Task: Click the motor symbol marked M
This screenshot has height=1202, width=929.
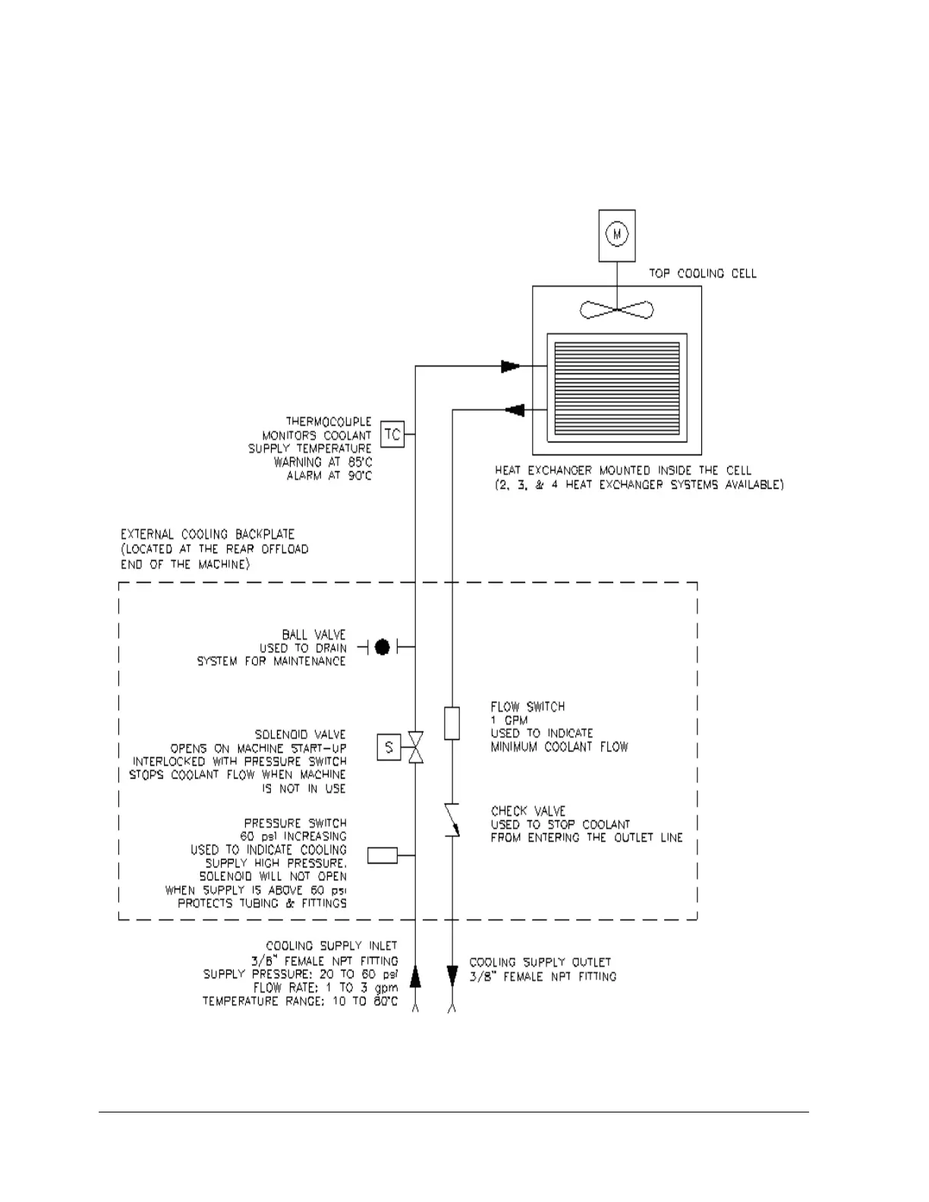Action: tap(617, 234)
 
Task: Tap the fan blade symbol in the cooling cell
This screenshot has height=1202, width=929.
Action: tap(616, 309)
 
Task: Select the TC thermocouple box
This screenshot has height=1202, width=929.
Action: tap(392, 434)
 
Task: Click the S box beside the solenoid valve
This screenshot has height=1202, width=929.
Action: tap(389, 747)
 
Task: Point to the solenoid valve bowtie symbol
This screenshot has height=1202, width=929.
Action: tap(416, 747)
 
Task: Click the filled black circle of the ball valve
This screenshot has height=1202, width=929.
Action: tap(383, 647)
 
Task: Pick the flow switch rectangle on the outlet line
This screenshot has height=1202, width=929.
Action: tap(452, 722)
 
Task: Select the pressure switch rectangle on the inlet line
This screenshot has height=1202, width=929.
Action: tap(383, 855)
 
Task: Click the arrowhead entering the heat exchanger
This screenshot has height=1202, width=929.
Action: tap(510, 367)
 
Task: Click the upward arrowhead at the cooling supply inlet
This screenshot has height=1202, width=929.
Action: tap(415, 977)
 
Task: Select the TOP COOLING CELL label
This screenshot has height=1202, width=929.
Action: tap(702, 273)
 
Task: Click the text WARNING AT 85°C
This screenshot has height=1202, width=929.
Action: tap(323, 461)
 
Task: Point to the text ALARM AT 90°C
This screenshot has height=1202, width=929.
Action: tap(329, 476)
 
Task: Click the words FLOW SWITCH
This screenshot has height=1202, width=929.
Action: tap(527, 706)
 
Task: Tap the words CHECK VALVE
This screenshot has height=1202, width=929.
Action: tap(528, 810)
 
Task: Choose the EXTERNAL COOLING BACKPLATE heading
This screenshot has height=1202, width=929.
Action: tap(207, 533)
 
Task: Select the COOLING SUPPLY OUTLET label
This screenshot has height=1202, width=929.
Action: tap(540, 961)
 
